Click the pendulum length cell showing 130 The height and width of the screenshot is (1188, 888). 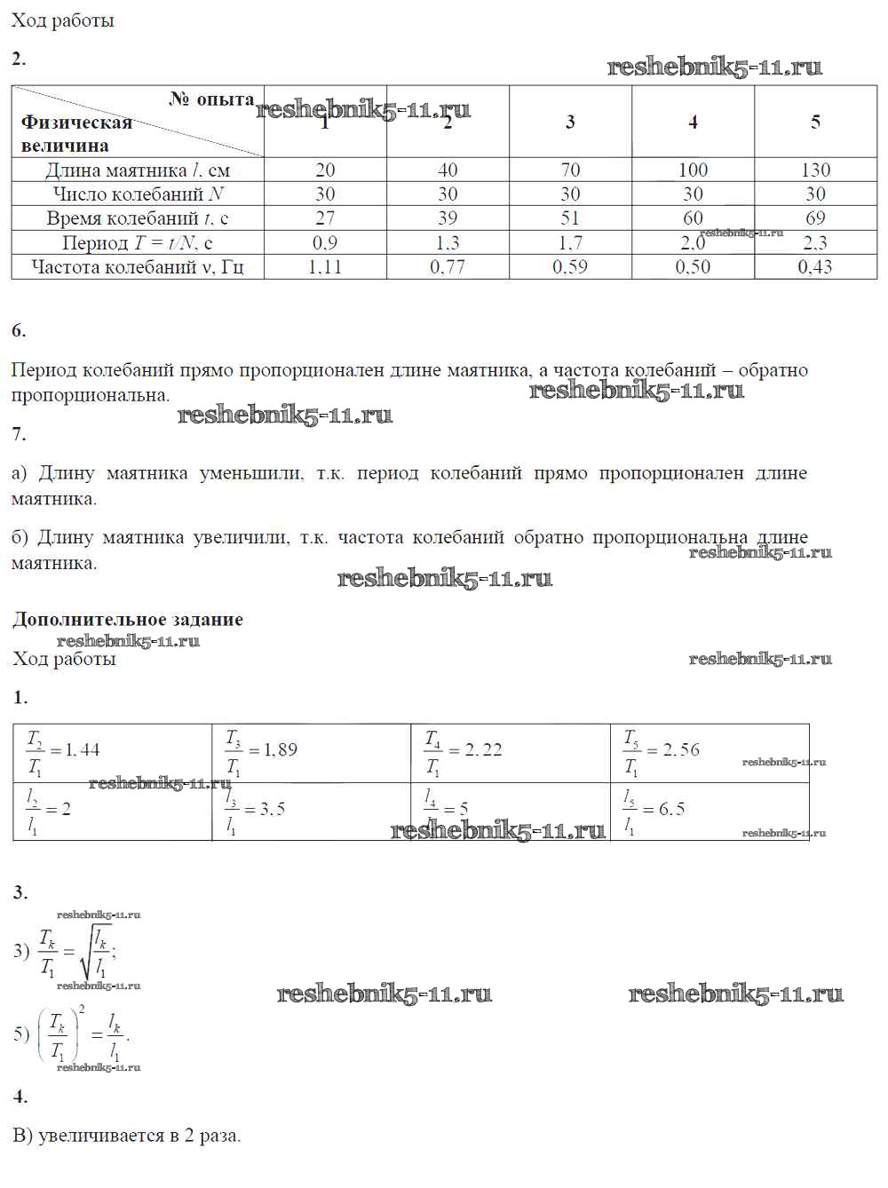(815, 170)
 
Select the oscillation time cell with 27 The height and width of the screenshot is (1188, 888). (325, 218)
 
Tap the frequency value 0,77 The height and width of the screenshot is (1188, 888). (448, 266)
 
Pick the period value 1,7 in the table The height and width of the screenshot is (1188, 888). (570, 242)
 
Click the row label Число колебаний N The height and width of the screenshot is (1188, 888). (138, 194)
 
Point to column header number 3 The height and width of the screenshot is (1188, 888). (570, 122)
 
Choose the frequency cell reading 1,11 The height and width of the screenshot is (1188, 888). (325, 266)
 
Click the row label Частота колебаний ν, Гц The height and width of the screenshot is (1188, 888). (138, 266)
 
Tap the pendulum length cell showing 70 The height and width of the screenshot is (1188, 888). (570, 170)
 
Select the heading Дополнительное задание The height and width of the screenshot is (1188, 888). (128, 620)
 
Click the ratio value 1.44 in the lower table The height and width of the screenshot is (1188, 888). (82, 750)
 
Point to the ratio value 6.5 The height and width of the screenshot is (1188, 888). (670, 809)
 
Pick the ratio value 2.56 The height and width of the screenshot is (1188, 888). (680, 750)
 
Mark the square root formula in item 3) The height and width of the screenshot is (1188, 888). (78, 952)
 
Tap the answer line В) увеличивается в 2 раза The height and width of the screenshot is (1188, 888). (126, 1136)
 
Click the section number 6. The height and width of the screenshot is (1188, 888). (19, 331)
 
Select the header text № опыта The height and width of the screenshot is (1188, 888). (211, 99)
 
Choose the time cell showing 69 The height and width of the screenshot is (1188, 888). (815, 218)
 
